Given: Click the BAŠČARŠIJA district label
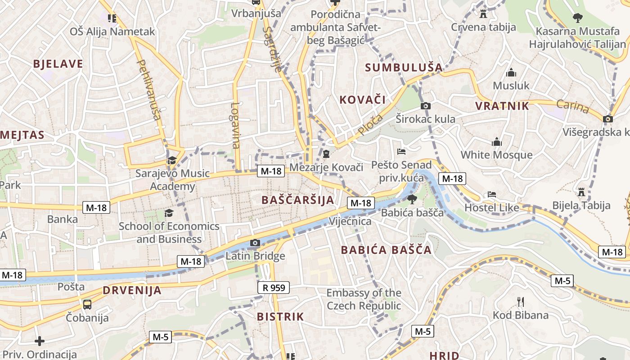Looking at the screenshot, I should (x=297, y=200).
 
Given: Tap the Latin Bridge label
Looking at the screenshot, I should (x=255, y=256).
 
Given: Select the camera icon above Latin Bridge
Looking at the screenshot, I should (x=255, y=243).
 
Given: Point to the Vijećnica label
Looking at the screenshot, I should (x=350, y=221).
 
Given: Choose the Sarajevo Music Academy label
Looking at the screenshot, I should (x=173, y=180).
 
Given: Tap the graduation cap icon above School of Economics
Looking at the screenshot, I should (x=169, y=213).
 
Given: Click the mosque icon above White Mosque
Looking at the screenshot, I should (x=497, y=142).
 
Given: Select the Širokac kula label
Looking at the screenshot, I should (x=425, y=119).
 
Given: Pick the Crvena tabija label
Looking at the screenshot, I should (x=483, y=27).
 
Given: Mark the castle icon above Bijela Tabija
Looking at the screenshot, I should (x=581, y=192).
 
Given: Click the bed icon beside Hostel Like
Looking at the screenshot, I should (x=492, y=195).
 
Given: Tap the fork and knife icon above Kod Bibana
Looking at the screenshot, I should (x=521, y=301).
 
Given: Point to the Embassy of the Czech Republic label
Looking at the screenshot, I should (x=364, y=299).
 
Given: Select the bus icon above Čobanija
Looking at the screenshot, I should (x=87, y=304).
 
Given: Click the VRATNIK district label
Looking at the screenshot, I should (x=502, y=106).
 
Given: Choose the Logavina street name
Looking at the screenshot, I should (x=235, y=126).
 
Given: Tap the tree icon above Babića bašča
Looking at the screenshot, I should (x=412, y=199).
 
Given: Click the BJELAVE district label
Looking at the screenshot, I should (x=58, y=64).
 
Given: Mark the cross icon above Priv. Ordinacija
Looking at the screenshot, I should (x=40, y=341).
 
